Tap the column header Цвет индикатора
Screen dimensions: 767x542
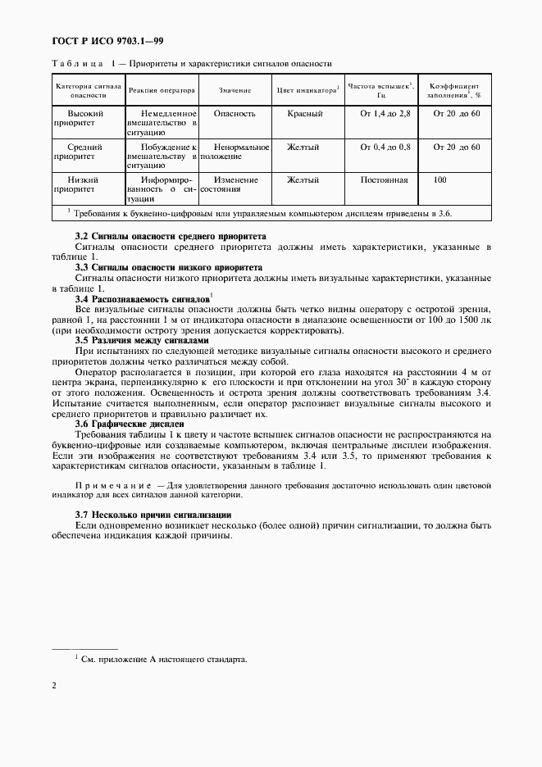307,89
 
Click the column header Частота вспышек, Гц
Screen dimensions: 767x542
380,89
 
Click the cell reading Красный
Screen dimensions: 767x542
303,114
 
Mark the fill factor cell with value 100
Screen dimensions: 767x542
440,179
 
